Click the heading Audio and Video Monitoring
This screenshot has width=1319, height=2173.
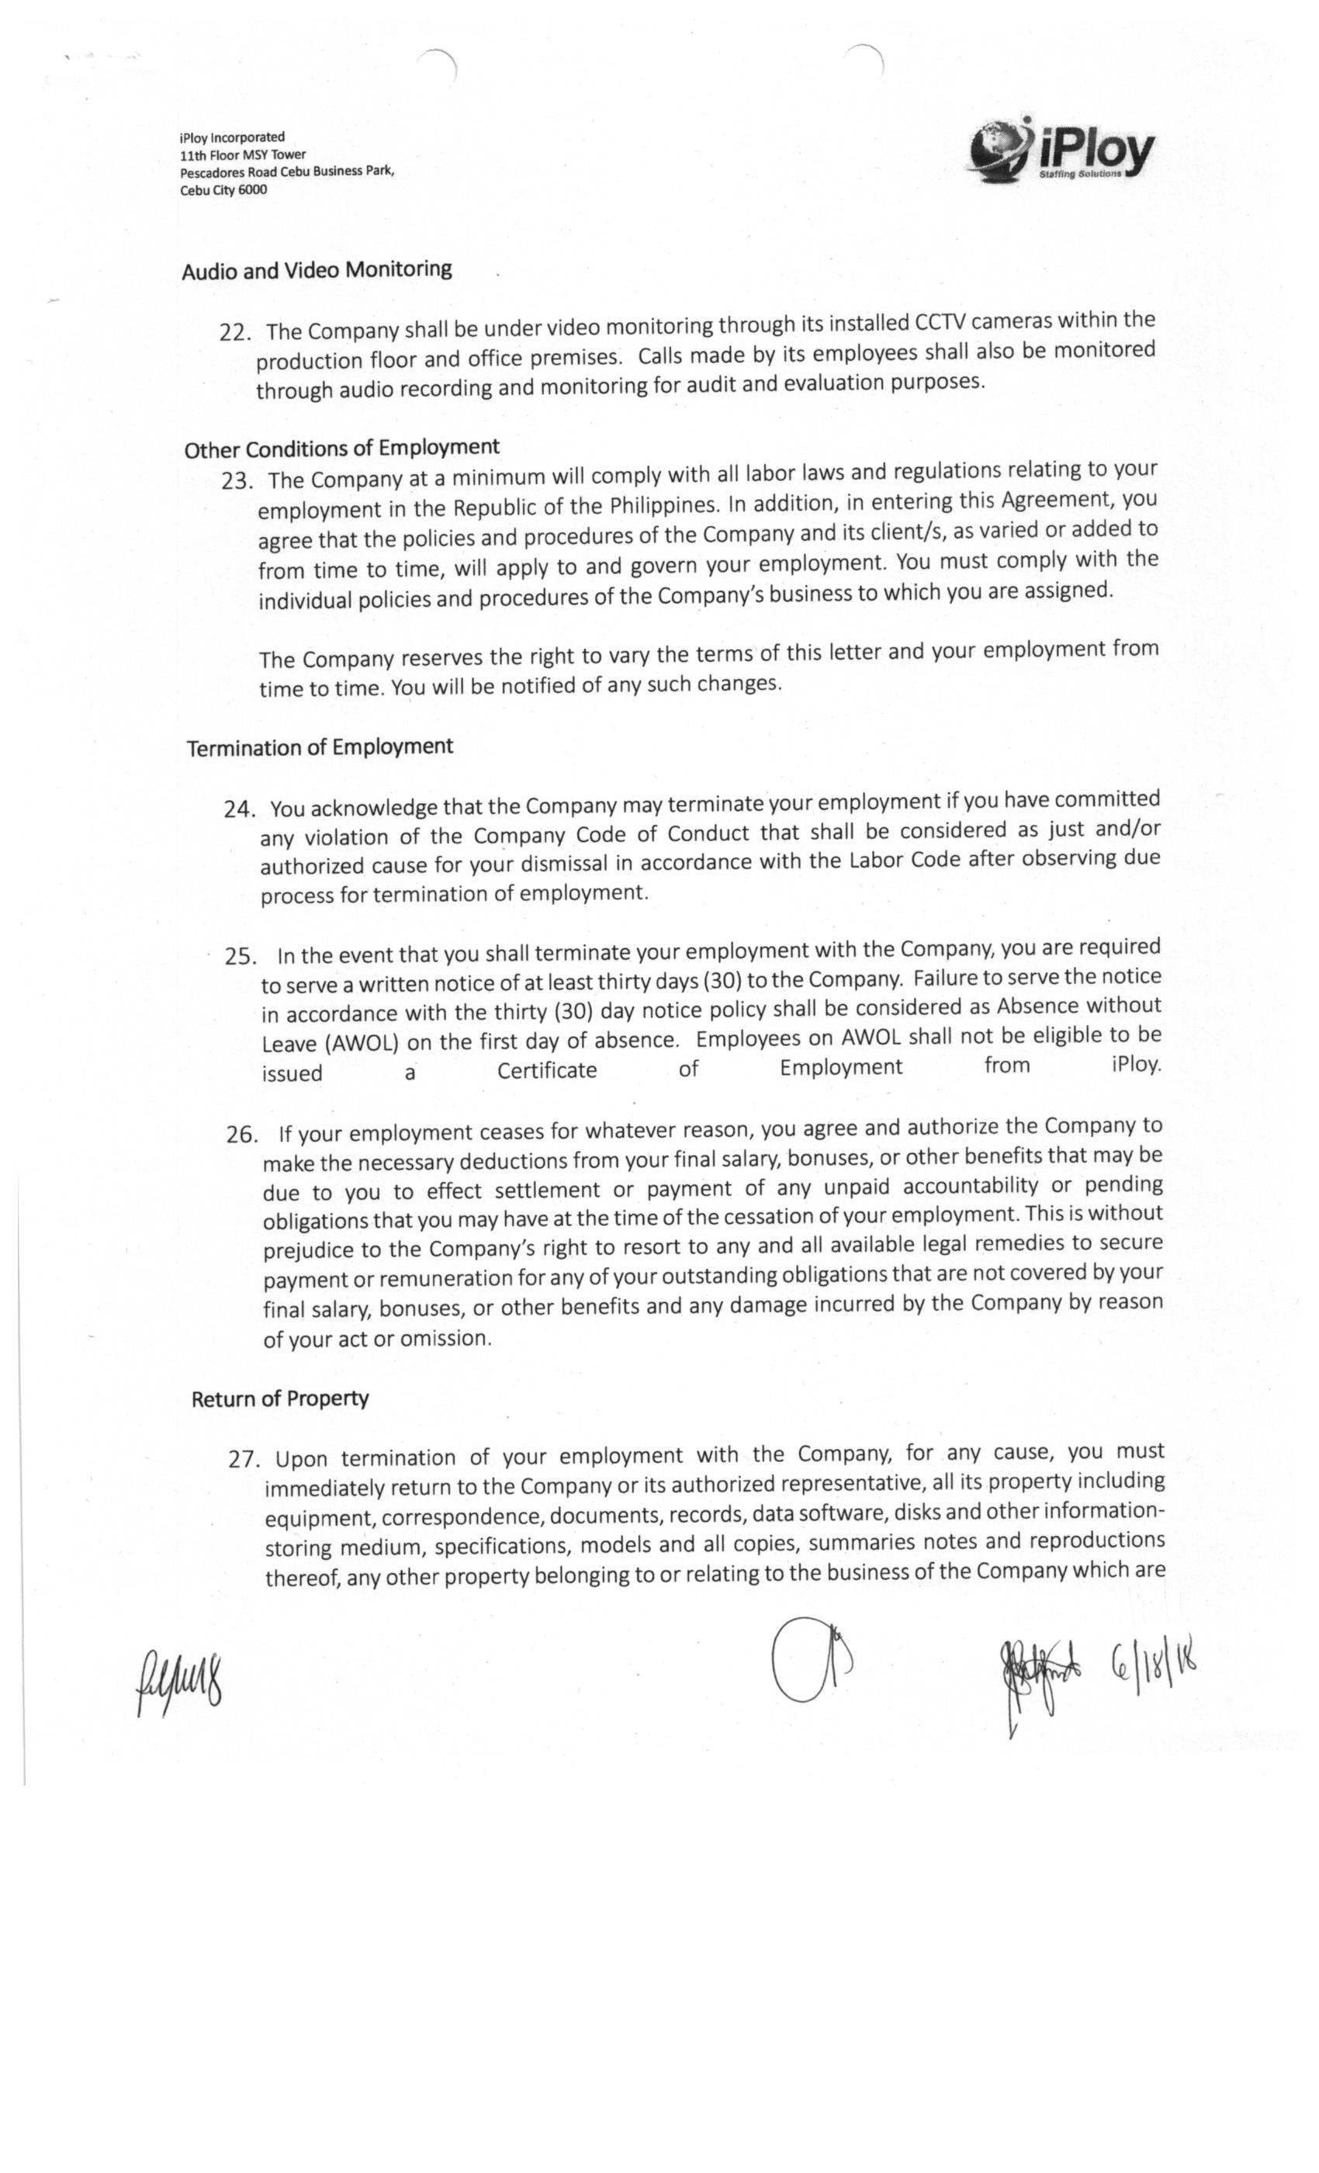[x=317, y=270]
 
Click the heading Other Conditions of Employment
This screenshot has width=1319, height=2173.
[x=341, y=448]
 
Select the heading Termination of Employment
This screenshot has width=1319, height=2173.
[x=319, y=747]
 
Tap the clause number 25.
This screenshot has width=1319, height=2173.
[x=241, y=956]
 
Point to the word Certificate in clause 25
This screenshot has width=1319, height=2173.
[x=547, y=1071]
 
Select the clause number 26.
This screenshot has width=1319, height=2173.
[x=241, y=1134]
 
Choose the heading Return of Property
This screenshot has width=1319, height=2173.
[x=279, y=1398]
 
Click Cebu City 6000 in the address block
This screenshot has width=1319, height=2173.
[x=223, y=189]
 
